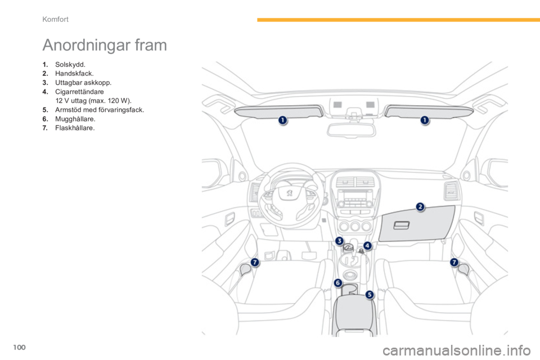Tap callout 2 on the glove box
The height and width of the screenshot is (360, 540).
tap(420, 208)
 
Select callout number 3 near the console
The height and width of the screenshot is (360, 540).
tap(340, 241)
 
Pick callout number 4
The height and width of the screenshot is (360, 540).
tap(367, 246)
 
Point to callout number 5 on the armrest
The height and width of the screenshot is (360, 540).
tap(370, 294)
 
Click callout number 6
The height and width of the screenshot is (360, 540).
tap(338, 282)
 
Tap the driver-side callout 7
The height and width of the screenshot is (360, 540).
tap(255, 262)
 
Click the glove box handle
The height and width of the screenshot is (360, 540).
tap(402, 225)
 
